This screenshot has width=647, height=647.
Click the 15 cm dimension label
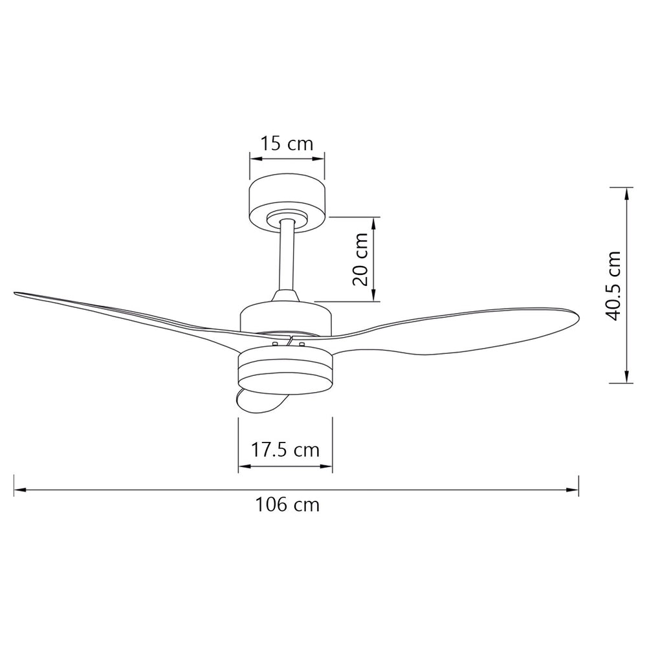(x=287, y=144)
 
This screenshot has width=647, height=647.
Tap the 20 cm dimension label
(x=360, y=259)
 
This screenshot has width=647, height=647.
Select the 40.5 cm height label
(x=612, y=285)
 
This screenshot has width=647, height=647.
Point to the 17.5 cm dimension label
(x=285, y=450)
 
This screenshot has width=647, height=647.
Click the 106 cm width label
(x=288, y=504)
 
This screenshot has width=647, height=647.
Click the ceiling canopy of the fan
(x=287, y=202)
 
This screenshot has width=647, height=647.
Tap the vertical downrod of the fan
(x=287, y=256)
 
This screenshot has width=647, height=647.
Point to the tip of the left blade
(x=16, y=293)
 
